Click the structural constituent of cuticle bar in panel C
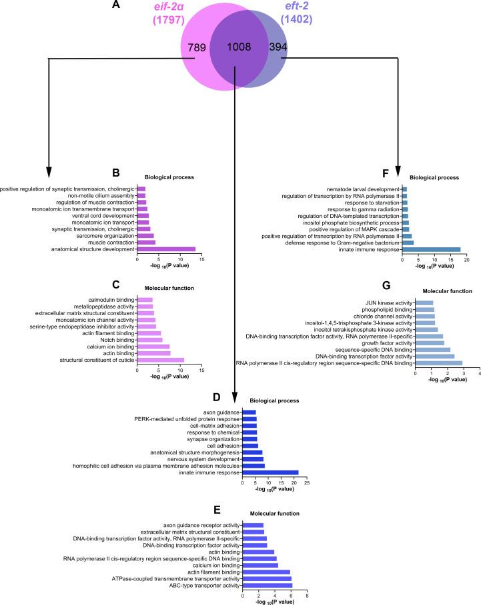point(160,360)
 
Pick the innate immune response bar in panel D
point(270,472)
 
